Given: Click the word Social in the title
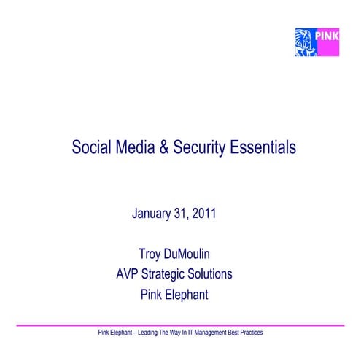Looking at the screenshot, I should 90,147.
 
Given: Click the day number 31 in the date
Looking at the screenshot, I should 181,214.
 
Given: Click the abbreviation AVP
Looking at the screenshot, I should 128,275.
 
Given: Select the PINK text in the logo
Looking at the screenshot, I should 327,34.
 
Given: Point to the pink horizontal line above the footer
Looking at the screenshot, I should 180,325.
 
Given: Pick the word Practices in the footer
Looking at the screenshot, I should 250,333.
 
